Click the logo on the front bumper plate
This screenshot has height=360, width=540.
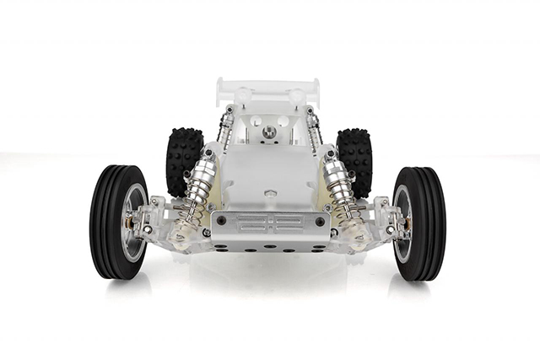tap(269, 223)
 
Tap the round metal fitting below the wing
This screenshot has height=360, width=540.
tap(269, 132)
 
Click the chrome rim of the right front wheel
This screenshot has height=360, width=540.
tap(404, 223)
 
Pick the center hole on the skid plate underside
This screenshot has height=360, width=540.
tap(268, 248)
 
